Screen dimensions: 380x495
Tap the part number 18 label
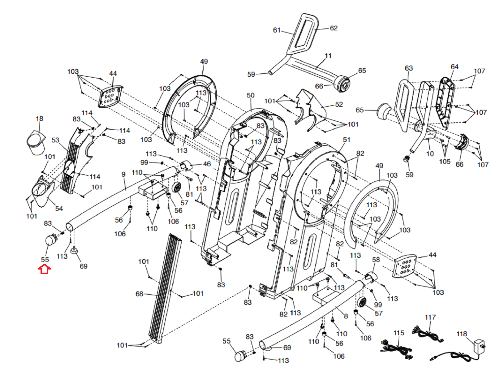click(x=39, y=119)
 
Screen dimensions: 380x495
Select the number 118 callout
click(x=461, y=334)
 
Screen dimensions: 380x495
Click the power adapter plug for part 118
click(x=479, y=344)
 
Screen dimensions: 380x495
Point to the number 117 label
click(x=430, y=317)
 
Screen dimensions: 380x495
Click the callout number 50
click(x=251, y=95)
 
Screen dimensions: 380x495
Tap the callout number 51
click(x=346, y=140)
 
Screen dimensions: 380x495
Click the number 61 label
click(x=277, y=30)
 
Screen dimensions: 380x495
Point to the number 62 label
click(x=334, y=28)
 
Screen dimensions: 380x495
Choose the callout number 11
click(x=328, y=56)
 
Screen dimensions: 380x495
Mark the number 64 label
click(x=454, y=67)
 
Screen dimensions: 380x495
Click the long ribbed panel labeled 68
click(x=164, y=288)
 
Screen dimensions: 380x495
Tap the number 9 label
click(x=123, y=175)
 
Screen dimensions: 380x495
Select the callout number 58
click(x=376, y=260)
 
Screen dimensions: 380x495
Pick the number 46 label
click(x=207, y=164)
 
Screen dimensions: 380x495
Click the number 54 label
click(x=59, y=209)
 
